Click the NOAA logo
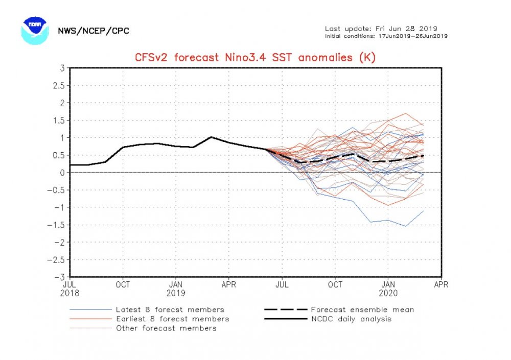point(35,30)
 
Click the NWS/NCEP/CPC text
point(93,31)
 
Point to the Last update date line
point(381,29)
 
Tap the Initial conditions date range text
point(387,36)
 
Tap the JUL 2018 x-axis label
point(70,289)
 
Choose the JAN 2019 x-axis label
point(176,289)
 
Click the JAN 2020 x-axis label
point(389,289)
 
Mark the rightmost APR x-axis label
point(441,284)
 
